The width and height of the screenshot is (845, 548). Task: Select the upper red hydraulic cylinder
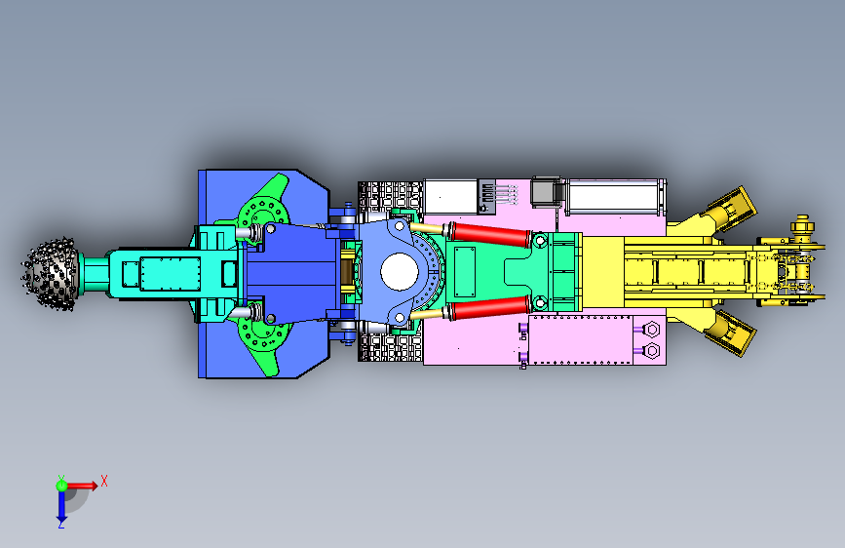(490, 234)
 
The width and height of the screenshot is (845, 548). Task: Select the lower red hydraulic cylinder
(490, 307)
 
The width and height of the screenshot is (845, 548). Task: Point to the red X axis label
(104, 481)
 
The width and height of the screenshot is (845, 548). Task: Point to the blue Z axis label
(61, 525)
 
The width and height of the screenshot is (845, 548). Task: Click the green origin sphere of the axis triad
(61, 486)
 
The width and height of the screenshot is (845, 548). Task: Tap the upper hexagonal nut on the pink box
(651, 329)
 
